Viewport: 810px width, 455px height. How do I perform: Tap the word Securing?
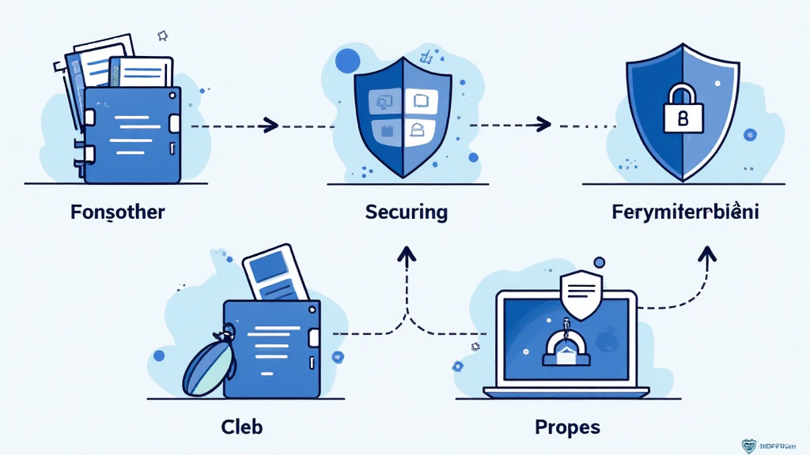(x=407, y=212)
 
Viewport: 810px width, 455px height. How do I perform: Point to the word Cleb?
(x=241, y=427)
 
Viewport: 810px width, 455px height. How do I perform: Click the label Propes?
(x=567, y=427)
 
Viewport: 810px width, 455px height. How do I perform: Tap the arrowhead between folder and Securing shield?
(x=271, y=125)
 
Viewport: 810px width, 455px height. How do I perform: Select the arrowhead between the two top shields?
(x=543, y=124)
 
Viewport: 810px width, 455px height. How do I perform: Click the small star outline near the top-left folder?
(x=163, y=36)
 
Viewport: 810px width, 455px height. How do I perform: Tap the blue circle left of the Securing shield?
(x=347, y=61)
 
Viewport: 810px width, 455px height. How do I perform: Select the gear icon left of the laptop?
(x=457, y=366)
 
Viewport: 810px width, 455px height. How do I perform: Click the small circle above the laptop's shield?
(x=599, y=261)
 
